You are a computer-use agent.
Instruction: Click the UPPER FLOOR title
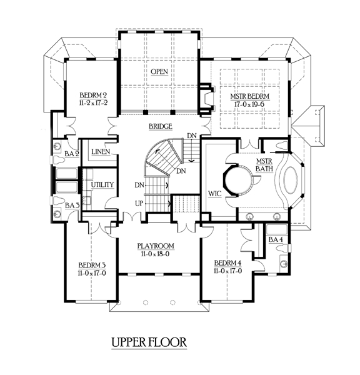tap(149, 342)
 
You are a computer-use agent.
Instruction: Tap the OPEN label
tap(159, 71)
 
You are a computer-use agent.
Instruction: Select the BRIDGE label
tap(161, 126)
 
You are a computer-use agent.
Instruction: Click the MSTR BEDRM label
tap(250, 96)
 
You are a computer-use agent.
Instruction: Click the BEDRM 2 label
tap(93, 96)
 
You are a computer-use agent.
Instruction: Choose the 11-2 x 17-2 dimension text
tap(93, 103)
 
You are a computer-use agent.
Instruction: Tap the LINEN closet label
tap(101, 152)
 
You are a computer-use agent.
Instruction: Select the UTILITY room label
tap(102, 184)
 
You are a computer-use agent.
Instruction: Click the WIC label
tap(215, 194)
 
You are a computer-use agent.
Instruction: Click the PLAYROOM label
tap(156, 246)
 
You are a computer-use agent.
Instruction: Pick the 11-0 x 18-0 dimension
tap(155, 254)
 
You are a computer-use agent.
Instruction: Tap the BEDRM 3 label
tap(92, 265)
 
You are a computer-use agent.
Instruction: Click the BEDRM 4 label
tap(227, 263)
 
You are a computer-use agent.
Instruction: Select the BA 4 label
tap(276, 239)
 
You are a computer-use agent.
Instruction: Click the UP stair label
tap(139, 204)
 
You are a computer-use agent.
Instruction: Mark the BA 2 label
tap(71, 154)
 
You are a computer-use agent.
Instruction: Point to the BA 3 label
tap(72, 205)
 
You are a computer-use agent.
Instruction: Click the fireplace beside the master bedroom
tap(206, 99)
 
